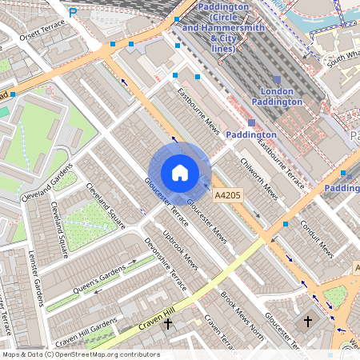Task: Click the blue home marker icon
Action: pyautogui.click(x=180, y=173)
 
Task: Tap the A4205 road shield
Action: pyautogui.click(x=226, y=194)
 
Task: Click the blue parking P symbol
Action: pyautogui.click(x=74, y=12)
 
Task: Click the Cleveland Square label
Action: pyautogui.click(x=106, y=206)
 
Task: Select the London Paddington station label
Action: pyautogui.click(x=277, y=96)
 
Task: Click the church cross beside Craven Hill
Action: pyautogui.click(x=167, y=325)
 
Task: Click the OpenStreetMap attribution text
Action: pyautogui.click(x=80, y=354)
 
